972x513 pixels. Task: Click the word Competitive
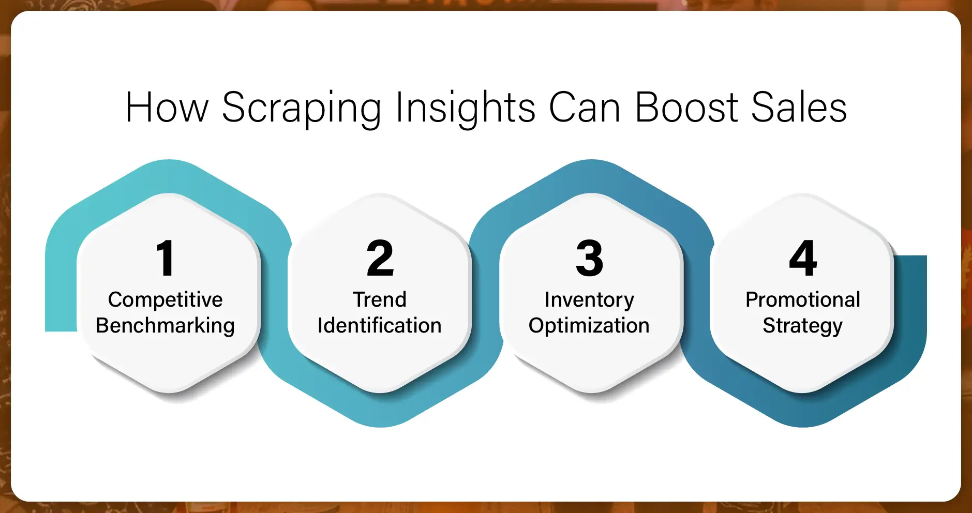pos(165,300)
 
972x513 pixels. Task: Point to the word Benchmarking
pos(165,326)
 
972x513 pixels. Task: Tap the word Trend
pos(380,300)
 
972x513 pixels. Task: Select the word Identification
pos(379,326)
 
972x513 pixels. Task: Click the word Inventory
pos(589,300)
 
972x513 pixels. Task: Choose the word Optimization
pos(589,326)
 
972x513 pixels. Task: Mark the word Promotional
pos(803,300)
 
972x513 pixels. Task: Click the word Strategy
pos(802,326)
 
